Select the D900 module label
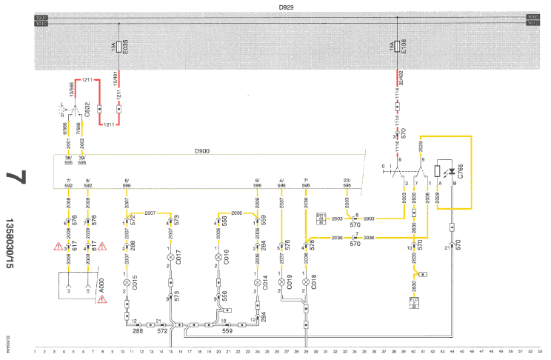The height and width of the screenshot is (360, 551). click(202, 151)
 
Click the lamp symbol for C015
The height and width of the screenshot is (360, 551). click(127, 282)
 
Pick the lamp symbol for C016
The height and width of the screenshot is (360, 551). click(218, 257)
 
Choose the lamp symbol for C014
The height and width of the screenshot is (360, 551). click(257, 282)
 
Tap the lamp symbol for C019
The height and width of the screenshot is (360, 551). click(281, 282)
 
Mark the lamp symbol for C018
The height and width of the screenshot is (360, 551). click(306, 282)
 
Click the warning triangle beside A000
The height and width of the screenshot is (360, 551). click(102, 300)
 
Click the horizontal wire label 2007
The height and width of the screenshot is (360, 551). click(150, 212)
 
